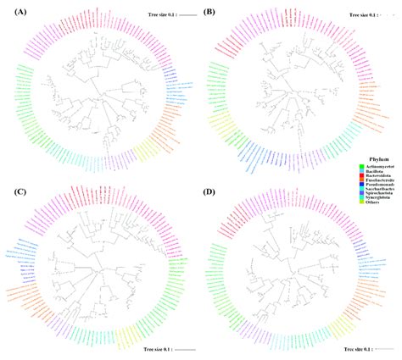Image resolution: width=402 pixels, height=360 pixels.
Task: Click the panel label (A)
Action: pyautogui.click(x=16, y=12)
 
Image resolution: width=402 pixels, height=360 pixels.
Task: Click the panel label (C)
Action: pyautogui.click(x=16, y=193)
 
